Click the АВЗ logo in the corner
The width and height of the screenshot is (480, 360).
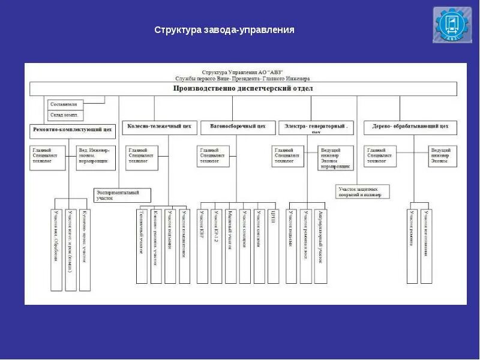tap(452, 25)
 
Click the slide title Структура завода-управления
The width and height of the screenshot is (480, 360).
tap(224, 29)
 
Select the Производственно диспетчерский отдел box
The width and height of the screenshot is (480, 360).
tap(243, 89)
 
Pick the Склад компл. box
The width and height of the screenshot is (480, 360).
tap(66, 115)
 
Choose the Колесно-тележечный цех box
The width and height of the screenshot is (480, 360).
tap(159, 127)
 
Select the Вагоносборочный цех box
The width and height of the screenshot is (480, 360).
tap(238, 127)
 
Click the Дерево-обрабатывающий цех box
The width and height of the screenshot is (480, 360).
tap(410, 127)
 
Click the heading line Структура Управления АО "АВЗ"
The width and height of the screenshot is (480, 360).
tap(242, 71)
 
